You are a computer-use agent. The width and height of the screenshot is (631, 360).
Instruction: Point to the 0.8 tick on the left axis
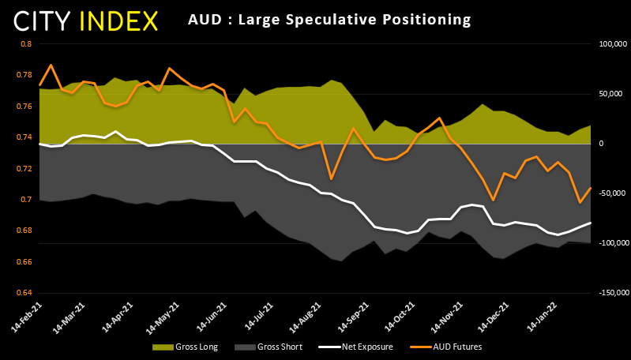25,44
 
